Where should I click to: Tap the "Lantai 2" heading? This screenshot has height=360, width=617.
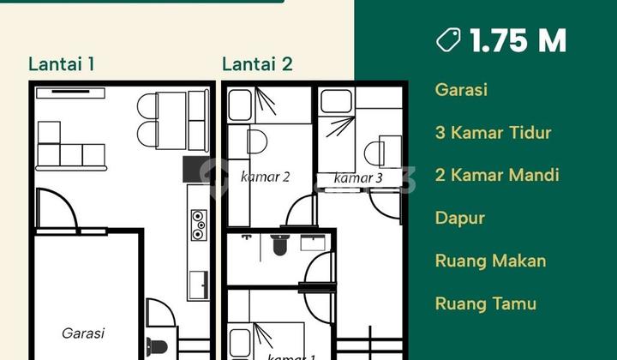tap(257, 64)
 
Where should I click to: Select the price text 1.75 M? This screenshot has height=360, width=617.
tap(518, 40)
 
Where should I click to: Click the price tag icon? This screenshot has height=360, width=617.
tap(448, 40)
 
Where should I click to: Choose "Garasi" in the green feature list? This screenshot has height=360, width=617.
tap(461, 90)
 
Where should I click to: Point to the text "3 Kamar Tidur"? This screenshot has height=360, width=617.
tap(493, 133)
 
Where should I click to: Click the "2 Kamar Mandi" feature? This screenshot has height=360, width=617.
tap(497, 176)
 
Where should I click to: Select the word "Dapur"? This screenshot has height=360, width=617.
tap(460, 219)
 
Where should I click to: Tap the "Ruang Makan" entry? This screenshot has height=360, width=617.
tap(490, 261)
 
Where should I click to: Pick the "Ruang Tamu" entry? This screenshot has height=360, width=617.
tap(486, 303)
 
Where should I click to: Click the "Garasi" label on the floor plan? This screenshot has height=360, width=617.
tap(83, 333)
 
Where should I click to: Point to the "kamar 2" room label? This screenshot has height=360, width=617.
tap(265, 177)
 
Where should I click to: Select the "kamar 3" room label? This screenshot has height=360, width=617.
tap(357, 178)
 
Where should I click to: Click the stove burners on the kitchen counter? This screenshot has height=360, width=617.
tap(198, 225)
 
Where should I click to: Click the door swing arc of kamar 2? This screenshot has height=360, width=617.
tap(299, 211)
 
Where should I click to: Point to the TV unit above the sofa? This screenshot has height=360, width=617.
tap(70, 93)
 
